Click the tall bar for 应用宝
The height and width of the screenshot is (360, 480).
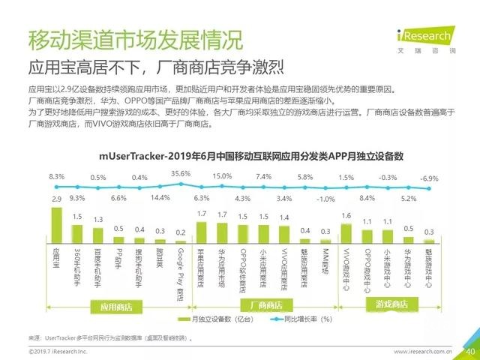tap(55, 223)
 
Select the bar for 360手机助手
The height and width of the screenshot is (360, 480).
tap(76, 230)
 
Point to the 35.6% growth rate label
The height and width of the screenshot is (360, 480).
tap(181, 174)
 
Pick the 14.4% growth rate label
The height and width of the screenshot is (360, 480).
tap(161, 198)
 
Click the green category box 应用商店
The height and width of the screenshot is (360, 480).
tap(116, 305)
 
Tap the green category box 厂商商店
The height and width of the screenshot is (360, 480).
tap(262, 305)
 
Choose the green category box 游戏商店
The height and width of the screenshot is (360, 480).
tap(387, 304)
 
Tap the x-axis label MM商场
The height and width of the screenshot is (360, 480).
tap(325, 259)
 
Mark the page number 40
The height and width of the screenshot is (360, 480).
tap(469, 351)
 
